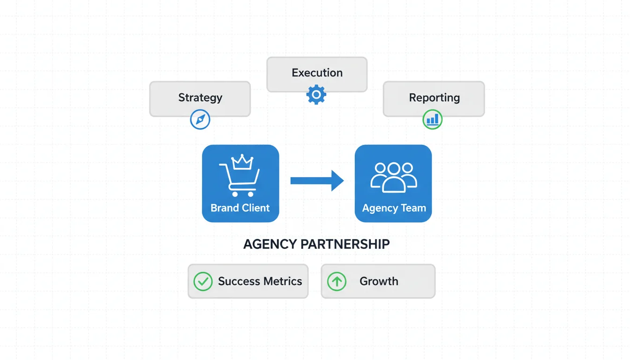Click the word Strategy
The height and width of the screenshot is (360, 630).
tap(200, 97)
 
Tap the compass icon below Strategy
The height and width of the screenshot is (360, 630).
tap(200, 120)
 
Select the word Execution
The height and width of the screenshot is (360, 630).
tap(317, 73)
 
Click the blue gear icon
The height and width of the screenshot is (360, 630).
tap(316, 95)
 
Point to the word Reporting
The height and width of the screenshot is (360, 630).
tap(434, 97)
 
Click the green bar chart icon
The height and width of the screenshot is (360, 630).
tap(432, 119)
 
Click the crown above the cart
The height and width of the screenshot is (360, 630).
tap(243, 162)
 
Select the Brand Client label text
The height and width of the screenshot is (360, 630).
tap(240, 208)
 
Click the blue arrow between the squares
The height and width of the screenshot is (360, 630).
tap(317, 180)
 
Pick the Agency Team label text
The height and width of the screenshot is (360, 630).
tap(394, 208)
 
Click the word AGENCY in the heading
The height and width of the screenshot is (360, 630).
tap(270, 244)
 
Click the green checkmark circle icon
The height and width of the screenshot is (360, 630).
tap(203, 281)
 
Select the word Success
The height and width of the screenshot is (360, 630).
tap(239, 281)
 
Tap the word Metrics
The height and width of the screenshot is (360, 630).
tap(282, 281)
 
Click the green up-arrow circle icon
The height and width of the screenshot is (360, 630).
tap(337, 281)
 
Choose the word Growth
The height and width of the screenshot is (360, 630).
tap(379, 281)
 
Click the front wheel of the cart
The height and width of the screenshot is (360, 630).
tap(251, 194)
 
